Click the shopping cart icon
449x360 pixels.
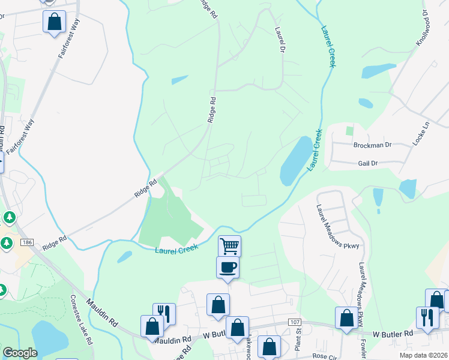229,245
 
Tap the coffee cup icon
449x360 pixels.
228,267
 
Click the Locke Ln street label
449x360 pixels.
427,132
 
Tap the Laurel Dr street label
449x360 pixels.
279,38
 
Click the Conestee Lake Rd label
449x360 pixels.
80,319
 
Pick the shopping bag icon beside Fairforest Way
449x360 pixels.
54,22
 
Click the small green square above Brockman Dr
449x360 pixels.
349,130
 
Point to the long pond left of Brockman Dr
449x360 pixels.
296,160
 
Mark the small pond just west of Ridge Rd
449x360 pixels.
179,80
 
